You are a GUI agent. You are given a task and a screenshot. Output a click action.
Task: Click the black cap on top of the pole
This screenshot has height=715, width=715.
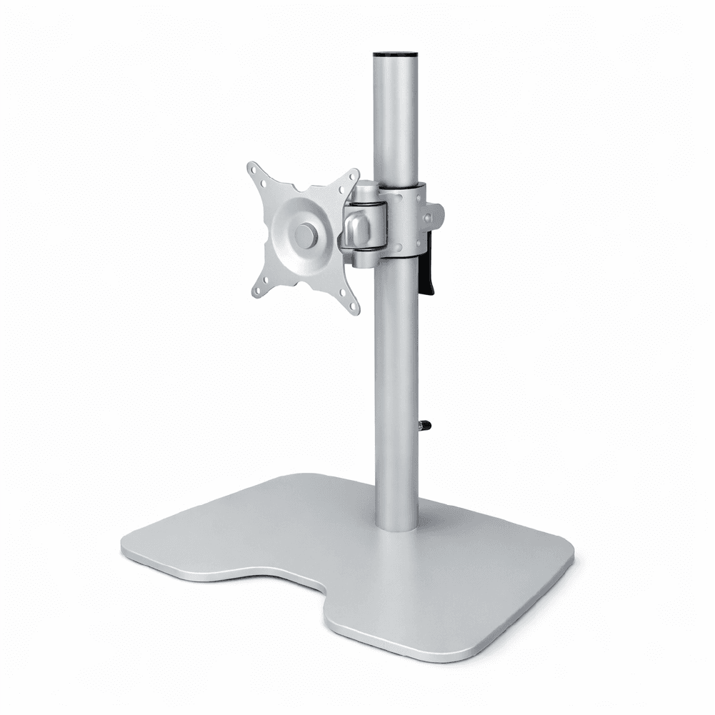[395, 53]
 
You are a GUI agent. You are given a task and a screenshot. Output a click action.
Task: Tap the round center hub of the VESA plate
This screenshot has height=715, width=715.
[305, 236]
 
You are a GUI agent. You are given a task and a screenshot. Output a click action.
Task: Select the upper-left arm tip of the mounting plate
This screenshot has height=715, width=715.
[254, 169]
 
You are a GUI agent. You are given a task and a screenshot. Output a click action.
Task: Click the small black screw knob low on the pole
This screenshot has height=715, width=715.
[424, 426]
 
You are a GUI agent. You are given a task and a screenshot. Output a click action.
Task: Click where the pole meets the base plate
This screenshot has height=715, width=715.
[396, 525]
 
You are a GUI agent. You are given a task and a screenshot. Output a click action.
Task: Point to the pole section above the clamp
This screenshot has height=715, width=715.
[395, 121]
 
